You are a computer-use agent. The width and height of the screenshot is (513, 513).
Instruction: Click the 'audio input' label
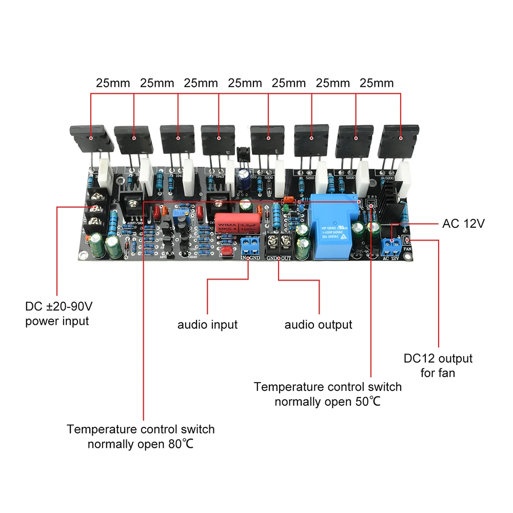click(x=208, y=325)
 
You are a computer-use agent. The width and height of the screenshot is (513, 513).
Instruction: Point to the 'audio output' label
click(x=318, y=325)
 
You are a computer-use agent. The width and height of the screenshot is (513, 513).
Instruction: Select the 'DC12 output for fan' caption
click(x=438, y=365)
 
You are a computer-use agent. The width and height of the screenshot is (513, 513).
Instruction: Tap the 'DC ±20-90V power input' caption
click(x=59, y=314)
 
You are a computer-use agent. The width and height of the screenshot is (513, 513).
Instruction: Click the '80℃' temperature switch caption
click(x=141, y=436)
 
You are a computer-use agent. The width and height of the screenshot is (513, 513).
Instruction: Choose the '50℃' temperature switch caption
click(x=328, y=394)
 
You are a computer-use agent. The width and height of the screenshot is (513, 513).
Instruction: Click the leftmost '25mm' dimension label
click(x=113, y=83)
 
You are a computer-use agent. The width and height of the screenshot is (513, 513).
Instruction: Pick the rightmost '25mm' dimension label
click(x=377, y=83)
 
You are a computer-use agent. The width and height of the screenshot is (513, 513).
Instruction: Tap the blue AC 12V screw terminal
click(x=392, y=245)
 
